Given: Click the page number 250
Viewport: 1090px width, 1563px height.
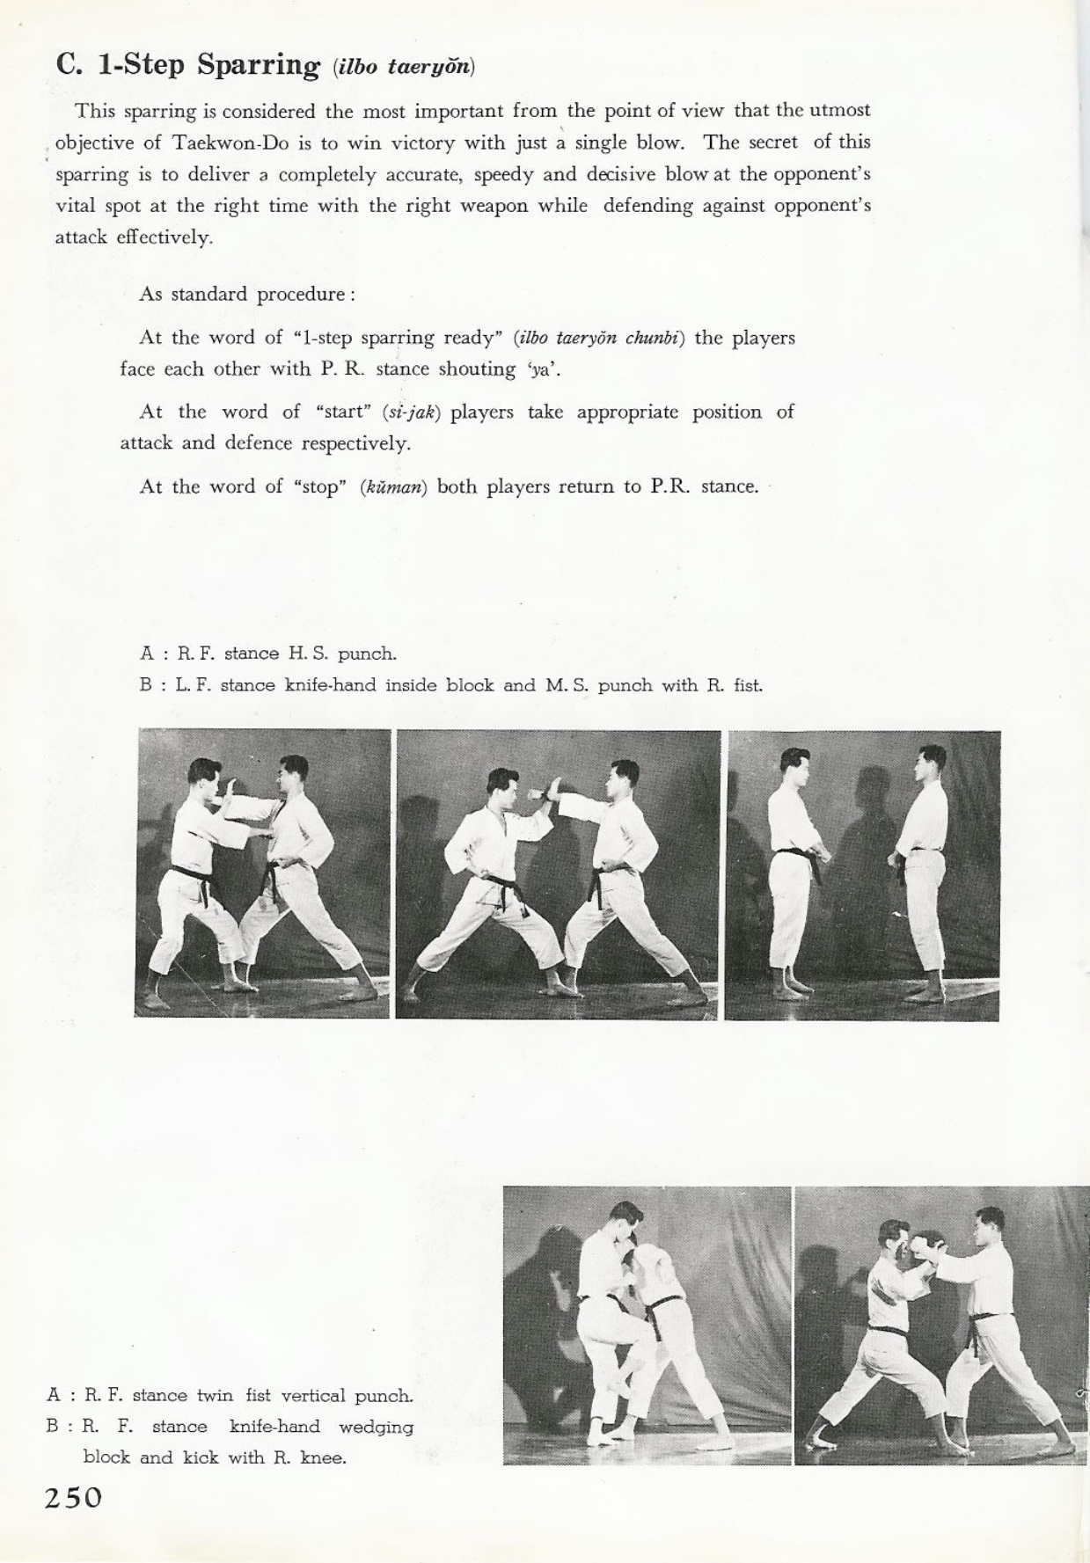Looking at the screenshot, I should pyautogui.click(x=74, y=1498).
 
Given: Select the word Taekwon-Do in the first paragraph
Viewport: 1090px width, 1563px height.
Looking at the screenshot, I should pyautogui.click(x=210, y=142).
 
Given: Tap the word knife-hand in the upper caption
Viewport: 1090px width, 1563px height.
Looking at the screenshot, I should pyautogui.click(x=331, y=685).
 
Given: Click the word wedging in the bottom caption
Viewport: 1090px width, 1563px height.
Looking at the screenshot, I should pyautogui.click(x=376, y=1426).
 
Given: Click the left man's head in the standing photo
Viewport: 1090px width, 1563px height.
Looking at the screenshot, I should pyautogui.click(x=794, y=764).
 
